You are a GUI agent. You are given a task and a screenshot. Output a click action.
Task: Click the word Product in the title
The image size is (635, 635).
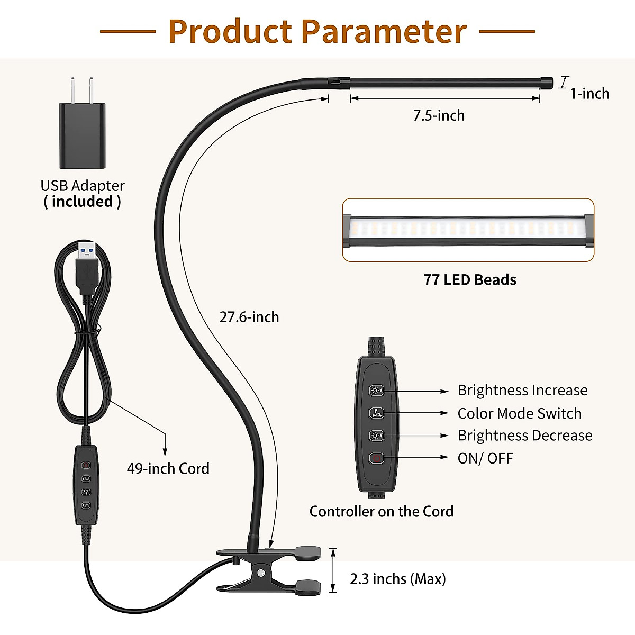coord(230,32)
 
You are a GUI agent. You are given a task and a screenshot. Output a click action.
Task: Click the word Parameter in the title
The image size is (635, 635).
coord(384,32)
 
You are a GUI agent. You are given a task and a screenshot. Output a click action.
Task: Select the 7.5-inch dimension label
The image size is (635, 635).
coord(439,115)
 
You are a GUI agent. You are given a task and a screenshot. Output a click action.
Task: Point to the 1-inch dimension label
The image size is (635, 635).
coord(589,94)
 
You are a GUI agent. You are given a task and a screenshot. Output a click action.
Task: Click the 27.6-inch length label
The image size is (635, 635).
coord(249,317)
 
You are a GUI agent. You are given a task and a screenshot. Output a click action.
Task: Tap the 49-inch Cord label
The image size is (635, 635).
coord(168,468)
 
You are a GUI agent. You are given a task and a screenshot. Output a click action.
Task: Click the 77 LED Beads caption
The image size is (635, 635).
coord(470,280)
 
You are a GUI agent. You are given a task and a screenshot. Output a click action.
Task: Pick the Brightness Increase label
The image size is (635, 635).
coord(522,391)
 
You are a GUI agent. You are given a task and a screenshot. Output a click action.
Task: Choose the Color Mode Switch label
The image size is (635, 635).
coord(519,413)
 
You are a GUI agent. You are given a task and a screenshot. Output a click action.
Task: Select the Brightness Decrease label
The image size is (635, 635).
coord(524,436)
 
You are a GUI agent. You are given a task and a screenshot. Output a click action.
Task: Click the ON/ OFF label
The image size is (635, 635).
coord(485,458)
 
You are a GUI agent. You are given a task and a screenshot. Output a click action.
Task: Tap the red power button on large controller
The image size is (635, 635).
coord(376,458)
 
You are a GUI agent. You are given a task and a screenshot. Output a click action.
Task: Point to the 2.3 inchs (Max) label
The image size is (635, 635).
coord(398,579)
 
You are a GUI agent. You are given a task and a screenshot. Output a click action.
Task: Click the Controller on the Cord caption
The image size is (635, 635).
coord(381,512)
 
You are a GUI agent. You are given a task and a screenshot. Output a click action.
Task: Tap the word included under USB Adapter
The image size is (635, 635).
coord(83,202)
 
